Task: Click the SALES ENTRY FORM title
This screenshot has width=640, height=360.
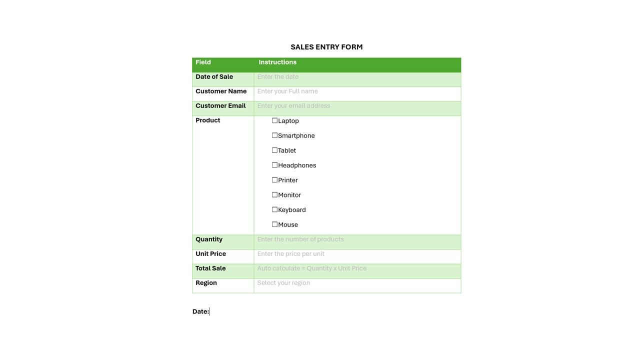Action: click(326, 47)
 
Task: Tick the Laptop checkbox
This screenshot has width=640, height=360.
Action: click(274, 120)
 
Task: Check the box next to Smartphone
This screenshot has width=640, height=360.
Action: click(274, 135)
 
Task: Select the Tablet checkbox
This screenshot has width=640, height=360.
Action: click(274, 150)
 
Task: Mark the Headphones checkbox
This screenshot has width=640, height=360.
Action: click(274, 165)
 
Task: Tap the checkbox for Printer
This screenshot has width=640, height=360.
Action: click(274, 180)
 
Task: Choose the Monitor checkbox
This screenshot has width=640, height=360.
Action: click(274, 194)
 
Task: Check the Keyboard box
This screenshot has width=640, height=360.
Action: click(274, 209)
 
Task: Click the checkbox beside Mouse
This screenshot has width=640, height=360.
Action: click(274, 224)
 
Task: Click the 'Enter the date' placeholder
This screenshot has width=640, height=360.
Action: click(278, 77)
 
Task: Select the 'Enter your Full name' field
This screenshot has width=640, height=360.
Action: click(287, 91)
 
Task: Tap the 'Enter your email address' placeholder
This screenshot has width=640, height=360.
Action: click(293, 106)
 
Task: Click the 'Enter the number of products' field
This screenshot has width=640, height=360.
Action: click(300, 239)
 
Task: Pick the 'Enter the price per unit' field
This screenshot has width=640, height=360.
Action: click(290, 254)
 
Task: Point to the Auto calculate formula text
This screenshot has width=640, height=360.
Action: click(311, 268)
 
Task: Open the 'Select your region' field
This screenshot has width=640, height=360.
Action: click(283, 283)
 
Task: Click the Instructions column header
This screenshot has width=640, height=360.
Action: click(277, 62)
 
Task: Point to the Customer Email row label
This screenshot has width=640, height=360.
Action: click(220, 106)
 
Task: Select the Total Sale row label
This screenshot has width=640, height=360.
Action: click(210, 268)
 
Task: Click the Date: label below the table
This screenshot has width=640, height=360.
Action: click(200, 311)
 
